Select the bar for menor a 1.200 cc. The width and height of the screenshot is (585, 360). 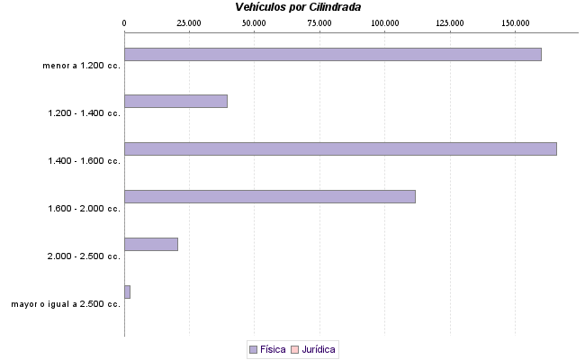tap(332, 54)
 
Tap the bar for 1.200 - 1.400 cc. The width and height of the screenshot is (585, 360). tap(175, 101)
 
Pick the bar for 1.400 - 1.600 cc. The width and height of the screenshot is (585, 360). tap(340, 148)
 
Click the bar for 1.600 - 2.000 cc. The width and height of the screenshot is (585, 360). tap(269, 196)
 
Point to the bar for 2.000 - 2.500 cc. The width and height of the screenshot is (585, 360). tap(150, 244)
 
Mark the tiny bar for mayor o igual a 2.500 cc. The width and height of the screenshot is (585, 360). tap(127, 292)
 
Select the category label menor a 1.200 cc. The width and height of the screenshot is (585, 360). tap(81, 66)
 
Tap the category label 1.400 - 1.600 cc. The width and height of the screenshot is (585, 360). tap(85, 161)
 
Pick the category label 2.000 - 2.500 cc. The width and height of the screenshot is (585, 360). tap(85, 256)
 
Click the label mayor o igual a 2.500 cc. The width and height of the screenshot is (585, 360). tap(66, 304)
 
